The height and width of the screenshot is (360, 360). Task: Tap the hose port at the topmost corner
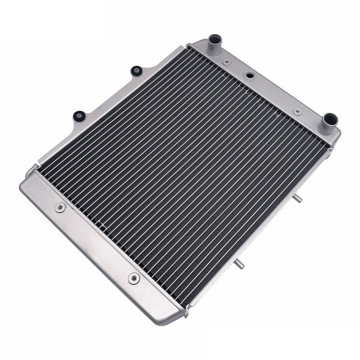click(214, 46)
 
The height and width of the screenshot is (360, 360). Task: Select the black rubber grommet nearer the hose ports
click(136, 71)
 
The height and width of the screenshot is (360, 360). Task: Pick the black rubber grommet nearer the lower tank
click(79, 115)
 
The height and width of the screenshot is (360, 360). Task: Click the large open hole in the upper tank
click(250, 75)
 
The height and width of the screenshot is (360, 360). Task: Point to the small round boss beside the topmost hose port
click(226, 63)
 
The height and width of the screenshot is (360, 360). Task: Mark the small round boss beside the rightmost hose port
click(297, 111)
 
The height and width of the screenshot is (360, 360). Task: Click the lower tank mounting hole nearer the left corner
click(60, 207)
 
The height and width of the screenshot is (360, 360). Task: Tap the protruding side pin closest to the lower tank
click(241, 264)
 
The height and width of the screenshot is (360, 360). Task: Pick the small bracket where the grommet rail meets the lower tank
click(31, 169)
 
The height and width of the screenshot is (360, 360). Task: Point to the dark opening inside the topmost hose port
click(214, 39)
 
